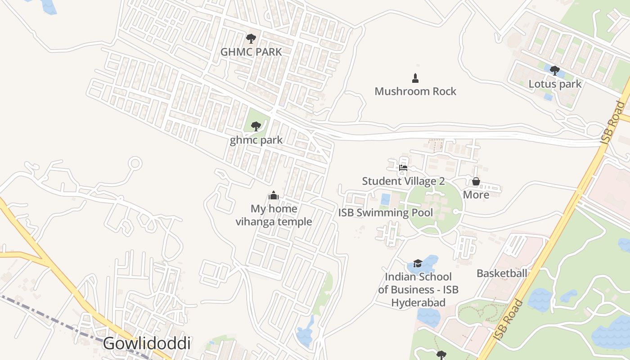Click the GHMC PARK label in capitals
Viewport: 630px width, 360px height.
pos(251,52)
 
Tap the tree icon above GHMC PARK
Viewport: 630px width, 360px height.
pos(251,39)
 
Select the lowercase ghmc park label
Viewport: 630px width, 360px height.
pos(256,140)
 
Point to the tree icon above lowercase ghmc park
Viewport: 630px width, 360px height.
pos(256,126)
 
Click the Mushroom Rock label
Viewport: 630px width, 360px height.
pos(415,91)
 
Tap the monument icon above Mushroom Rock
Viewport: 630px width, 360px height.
pos(415,78)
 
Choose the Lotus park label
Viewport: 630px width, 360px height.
pos(555,84)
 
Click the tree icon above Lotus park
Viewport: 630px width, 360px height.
pos(555,71)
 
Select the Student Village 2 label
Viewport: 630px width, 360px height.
pos(403,181)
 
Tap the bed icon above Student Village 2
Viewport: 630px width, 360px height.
pos(403,168)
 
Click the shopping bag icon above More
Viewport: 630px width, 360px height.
pos(476,182)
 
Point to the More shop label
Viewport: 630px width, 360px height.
pos(476,195)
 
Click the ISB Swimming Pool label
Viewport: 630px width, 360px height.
pos(386,213)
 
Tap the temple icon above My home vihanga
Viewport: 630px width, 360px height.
pos(273,195)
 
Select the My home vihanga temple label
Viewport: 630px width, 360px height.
pos(274,215)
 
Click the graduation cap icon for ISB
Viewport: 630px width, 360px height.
pos(418,263)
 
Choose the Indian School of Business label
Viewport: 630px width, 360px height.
pos(418,289)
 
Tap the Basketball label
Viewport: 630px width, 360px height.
pos(502,273)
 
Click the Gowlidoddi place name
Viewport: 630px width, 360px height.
pos(147,343)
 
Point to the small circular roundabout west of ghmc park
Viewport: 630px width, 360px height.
pos(135,163)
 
